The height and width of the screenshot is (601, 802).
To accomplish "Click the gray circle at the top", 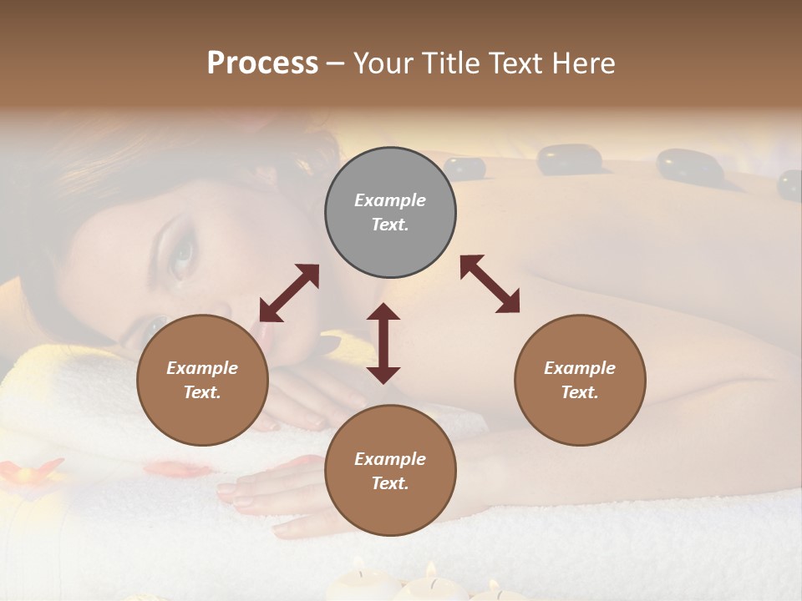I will pos(390,213).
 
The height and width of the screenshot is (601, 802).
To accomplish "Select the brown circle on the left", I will pos(202,380).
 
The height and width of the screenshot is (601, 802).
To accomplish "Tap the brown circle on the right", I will pos(580,380).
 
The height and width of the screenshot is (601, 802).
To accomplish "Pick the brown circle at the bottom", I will pos(390,471).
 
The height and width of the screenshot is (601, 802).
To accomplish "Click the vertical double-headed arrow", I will pos(383,343).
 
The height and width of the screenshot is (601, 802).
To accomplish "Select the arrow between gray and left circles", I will pos(289,293).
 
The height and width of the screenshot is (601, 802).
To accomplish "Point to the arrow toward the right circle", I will pos(490,284).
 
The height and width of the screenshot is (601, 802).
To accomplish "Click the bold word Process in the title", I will pos(262,63).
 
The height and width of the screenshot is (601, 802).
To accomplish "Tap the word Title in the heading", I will pos(451,63).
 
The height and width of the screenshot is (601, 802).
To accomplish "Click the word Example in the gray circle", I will pos(390,200).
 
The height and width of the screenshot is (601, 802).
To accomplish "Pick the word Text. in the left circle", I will pos(202,392).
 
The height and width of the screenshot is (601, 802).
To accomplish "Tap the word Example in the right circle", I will pos(580,368).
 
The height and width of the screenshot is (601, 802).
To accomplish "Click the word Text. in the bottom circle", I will pos(390,483).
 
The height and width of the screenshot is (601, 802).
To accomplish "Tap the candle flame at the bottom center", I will pos(432,570).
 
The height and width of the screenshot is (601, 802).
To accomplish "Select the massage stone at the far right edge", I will pos(789,184).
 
